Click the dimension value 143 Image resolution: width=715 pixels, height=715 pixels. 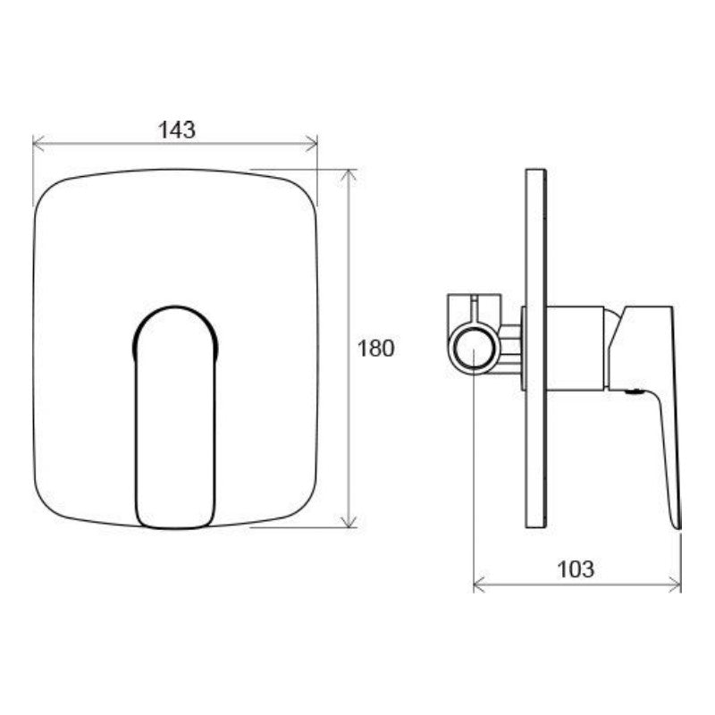[176, 130]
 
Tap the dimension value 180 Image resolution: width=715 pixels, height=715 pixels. [375, 349]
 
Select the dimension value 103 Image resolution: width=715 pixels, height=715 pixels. [576, 568]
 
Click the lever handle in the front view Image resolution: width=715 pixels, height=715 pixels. [176, 420]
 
